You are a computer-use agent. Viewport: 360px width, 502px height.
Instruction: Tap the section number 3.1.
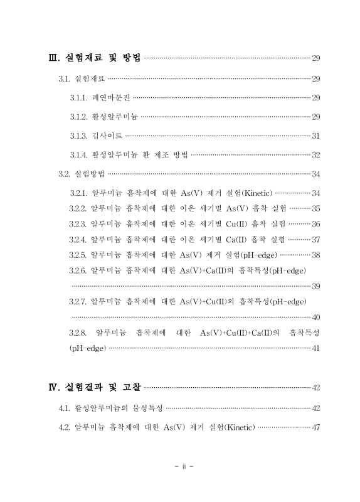point(64,79)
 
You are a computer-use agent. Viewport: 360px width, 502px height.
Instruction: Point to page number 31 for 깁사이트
point(316,136)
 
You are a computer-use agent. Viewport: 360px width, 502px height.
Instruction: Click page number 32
point(316,155)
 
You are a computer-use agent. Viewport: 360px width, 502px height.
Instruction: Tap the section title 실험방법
point(89,174)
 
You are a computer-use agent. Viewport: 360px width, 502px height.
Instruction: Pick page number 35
point(316,208)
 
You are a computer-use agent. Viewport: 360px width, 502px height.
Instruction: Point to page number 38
point(316,255)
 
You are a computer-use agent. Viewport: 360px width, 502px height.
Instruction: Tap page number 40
point(316,317)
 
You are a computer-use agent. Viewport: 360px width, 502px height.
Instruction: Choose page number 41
point(316,348)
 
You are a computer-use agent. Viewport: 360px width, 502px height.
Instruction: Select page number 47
point(316,427)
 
